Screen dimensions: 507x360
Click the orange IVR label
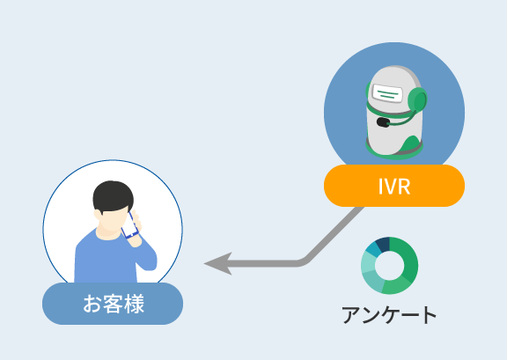394,186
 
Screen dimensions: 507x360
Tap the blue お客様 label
113,304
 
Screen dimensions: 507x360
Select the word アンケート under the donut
389,314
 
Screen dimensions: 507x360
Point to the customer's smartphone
129,225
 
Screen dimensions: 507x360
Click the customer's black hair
113,195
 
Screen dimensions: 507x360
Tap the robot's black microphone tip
384,122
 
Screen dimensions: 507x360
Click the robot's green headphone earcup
417,100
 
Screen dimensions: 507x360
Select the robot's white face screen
387,93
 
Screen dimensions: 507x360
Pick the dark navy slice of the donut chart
383,244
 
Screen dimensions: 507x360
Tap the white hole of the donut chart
389,266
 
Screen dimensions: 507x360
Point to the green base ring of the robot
393,154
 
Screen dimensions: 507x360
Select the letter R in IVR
405,186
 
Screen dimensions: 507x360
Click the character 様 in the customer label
134,304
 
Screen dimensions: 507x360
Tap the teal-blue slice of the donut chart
372,249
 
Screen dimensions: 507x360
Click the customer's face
112,220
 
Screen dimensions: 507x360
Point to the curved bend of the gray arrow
304,261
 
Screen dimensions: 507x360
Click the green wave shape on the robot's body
410,144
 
